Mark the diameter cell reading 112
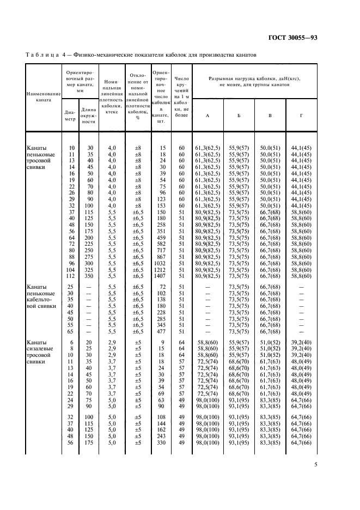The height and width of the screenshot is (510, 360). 70,276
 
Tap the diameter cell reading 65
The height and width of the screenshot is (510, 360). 70,331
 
